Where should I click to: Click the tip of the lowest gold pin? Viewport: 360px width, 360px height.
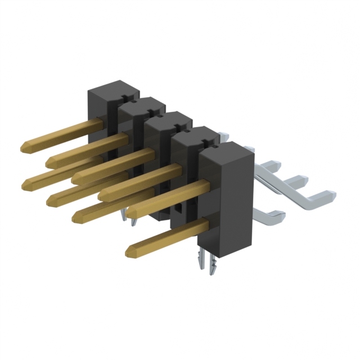130,249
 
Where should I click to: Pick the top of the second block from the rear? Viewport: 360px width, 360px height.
142,105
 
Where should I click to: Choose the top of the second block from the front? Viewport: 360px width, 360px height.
194,135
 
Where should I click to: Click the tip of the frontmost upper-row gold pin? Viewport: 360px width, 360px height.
130,214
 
